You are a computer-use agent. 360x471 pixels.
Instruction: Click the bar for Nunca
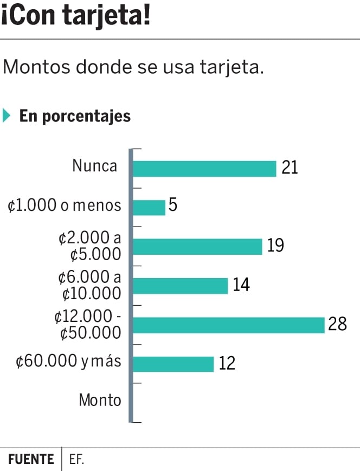204,169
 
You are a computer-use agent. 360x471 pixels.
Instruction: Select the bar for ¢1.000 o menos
149,208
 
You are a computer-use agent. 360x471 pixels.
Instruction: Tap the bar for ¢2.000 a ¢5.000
197,247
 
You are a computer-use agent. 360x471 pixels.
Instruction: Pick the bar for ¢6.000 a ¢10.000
180,286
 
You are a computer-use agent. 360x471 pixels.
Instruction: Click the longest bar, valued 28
228,325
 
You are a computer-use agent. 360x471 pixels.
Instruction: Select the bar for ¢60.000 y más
173,364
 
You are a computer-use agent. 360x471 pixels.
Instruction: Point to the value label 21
290,168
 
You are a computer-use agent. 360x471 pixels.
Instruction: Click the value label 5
173,207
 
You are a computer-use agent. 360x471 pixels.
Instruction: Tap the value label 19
275,246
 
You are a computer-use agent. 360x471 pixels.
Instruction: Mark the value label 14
241,285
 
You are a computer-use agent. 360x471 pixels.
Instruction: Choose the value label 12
227,363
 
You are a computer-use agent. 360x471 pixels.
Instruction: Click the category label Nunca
95,166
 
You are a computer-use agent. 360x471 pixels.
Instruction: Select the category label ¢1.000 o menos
65,205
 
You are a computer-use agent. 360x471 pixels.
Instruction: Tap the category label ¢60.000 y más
68,362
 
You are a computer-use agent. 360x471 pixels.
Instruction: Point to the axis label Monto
100,401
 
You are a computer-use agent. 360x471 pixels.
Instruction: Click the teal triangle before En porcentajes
7,116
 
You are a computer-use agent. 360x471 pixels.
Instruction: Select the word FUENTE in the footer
31,460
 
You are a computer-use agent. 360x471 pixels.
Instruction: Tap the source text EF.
76,460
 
